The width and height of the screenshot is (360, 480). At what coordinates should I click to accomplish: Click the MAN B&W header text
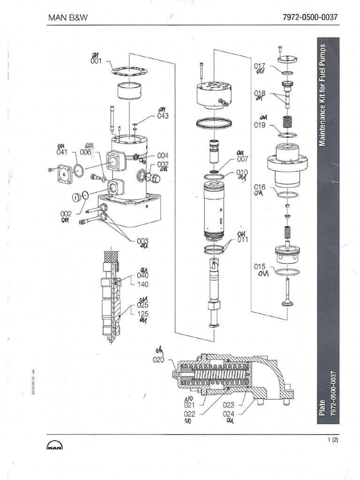tap(68, 18)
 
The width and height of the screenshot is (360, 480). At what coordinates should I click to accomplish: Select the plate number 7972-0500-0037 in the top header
tap(310, 18)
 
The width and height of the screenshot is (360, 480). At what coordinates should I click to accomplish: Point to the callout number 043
tap(163, 116)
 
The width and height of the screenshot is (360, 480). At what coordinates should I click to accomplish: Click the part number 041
tap(62, 152)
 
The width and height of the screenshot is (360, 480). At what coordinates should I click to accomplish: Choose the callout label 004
tap(162, 155)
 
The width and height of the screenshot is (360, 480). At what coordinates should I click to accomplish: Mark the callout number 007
tap(242, 159)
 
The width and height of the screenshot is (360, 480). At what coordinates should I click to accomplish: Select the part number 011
tap(242, 240)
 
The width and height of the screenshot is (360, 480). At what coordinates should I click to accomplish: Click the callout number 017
tap(260, 66)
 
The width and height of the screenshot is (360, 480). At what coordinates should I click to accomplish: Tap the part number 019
tap(260, 125)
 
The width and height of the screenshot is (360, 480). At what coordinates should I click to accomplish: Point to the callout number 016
tap(260, 187)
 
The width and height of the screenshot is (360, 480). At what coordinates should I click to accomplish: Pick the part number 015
tap(260, 267)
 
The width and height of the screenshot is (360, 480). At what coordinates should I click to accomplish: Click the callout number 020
tap(158, 360)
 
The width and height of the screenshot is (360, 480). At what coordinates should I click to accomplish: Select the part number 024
tap(229, 413)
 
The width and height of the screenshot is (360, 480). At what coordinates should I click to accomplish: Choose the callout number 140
tap(142, 284)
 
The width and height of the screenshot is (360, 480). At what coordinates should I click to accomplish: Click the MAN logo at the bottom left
tap(55, 446)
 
